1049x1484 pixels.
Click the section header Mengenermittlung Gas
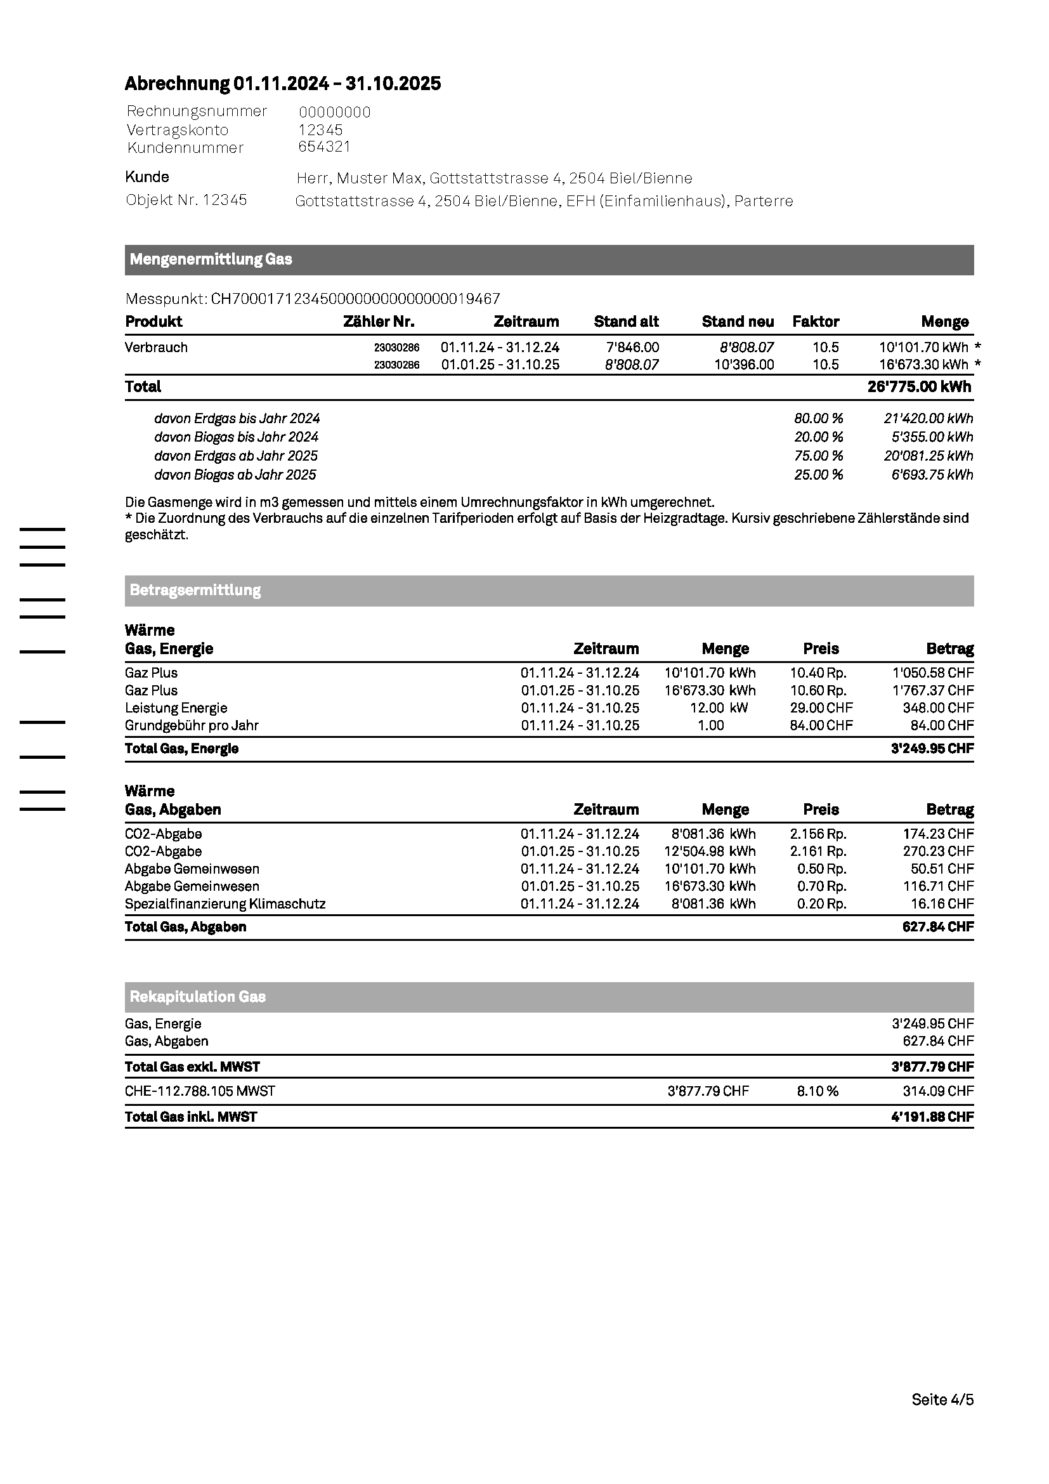pos(211,260)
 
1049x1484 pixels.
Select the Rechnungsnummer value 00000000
pos(335,112)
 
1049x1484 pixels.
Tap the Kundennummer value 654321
pos(324,147)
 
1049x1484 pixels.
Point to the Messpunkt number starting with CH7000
pos(355,299)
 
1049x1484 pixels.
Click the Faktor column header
pos(816,322)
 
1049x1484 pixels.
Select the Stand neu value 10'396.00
pos(744,365)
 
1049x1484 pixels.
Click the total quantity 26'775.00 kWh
pos(919,387)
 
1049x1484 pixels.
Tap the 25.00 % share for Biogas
pos(818,475)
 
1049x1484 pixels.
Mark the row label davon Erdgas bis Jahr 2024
pos(237,419)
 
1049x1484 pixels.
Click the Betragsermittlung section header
pos(195,591)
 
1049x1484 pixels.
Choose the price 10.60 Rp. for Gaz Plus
pos(818,691)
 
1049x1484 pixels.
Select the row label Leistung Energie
pos(176,709)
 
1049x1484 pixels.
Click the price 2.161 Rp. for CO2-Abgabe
pos(818,852)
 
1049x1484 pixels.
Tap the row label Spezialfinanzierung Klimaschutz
pos(225,904)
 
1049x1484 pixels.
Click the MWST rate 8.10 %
pos(817,1092)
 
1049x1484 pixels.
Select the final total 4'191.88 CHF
pos(932,1117)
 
